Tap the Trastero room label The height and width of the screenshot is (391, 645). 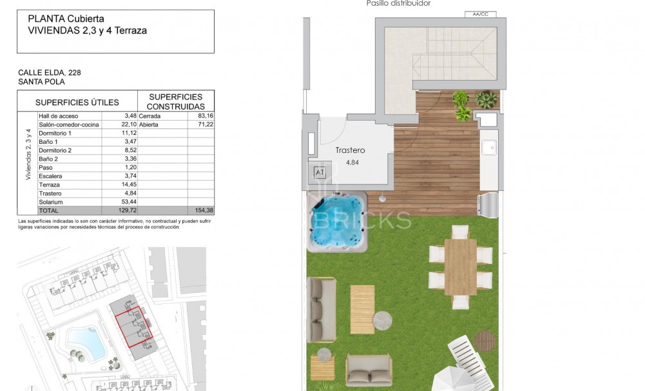350,150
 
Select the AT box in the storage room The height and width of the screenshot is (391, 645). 320,172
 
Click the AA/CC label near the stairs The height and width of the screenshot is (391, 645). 480,14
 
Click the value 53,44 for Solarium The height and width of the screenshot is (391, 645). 126,202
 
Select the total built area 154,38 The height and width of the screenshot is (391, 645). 204,210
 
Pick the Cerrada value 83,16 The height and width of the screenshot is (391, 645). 204,115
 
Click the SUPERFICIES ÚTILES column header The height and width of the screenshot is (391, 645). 77,102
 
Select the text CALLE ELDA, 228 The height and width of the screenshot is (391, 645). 50,72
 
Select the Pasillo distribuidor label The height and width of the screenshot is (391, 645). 398,3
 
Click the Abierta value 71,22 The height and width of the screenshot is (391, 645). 204,125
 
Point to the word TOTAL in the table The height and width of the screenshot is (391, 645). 49,210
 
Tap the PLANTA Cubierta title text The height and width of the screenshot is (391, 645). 66,19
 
